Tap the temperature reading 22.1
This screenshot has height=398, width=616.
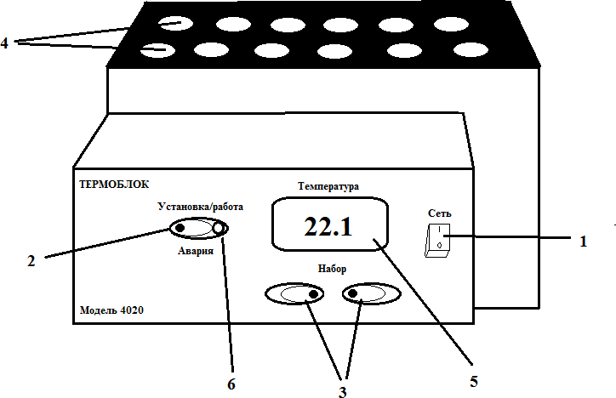(x=328, y=227)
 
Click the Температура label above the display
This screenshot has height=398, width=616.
(x=329, y=185)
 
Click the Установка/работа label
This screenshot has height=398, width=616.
(x=200, y=207)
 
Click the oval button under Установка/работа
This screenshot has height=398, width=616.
(x=199, y=228)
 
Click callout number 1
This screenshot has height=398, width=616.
(x=583, y=242)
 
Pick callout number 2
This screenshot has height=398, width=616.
(x=31, y=261)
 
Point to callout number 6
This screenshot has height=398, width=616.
(x=231, y=384)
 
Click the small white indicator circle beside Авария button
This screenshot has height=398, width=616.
(x=220, y=228)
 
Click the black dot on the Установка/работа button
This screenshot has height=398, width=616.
(x=181, y=228)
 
